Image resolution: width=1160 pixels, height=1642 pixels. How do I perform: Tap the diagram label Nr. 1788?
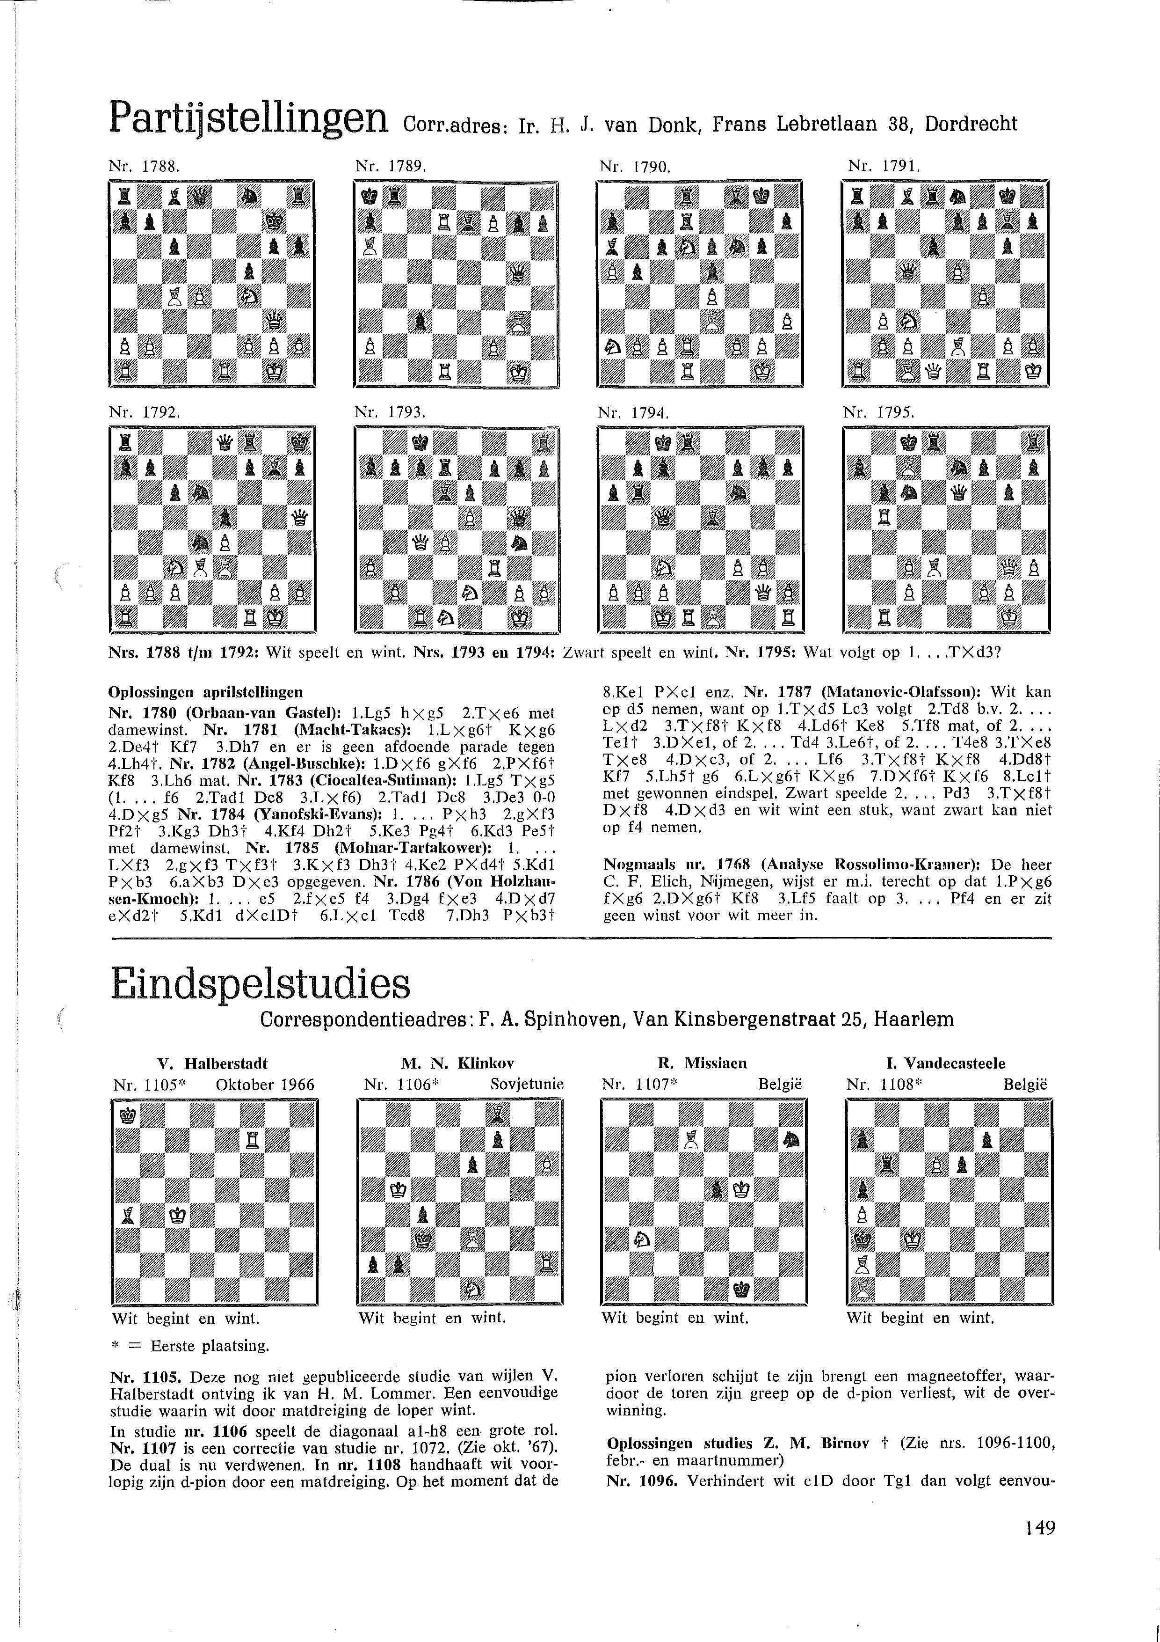click(x=143, y=167)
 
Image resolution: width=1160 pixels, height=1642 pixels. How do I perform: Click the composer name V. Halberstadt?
click(x=212, y=1063)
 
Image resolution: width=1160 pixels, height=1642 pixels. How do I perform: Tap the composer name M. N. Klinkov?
click(x=458, y=1063)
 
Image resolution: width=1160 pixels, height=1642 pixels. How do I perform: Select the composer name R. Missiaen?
click(x=703, y=1063)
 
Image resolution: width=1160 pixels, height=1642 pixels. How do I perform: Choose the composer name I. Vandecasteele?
click(x=944, y=1063)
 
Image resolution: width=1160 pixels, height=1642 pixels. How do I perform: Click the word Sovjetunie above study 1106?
click(x=527, y=1084)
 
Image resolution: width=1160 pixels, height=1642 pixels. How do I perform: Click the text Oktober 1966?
click(x=264, y=1084)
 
